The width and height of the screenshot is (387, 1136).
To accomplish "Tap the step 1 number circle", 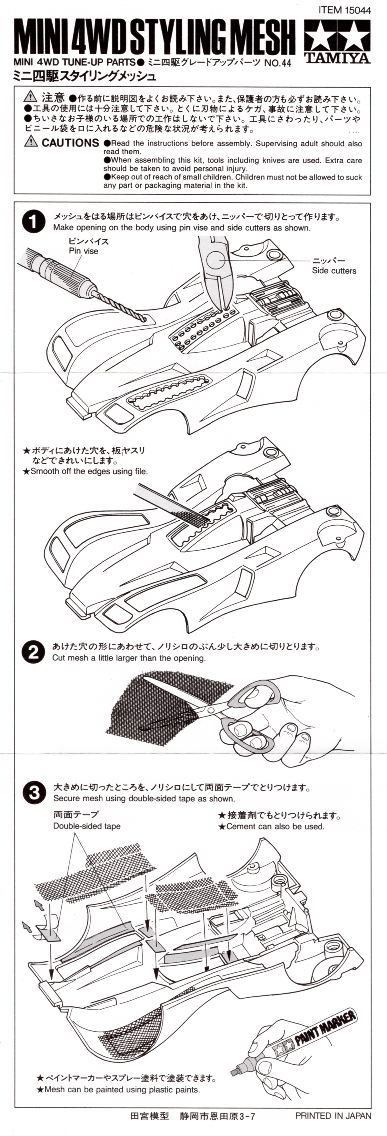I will pyautogui.click(x=33, y=222).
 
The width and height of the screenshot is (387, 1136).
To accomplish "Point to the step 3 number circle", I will pyautogui.click(x=34, y=792).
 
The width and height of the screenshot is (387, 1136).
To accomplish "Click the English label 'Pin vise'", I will pyautogui.click(x=83, y=251).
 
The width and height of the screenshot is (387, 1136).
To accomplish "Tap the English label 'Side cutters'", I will pyautogui.click(x=334, y=271).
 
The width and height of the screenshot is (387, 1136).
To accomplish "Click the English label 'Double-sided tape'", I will pyautogui.click(x=87, y=826).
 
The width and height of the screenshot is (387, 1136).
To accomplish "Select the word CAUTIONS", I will pyautogui.click(x=70, y=142).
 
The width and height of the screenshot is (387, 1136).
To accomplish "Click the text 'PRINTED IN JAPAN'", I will pyautogui.click(x=333, y=1116).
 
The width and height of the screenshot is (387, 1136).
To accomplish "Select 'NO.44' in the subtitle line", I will pyautogui.click(x=277, y=63).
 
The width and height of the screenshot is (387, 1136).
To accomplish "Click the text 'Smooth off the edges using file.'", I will pyautogui.click(x=89, y=471).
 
